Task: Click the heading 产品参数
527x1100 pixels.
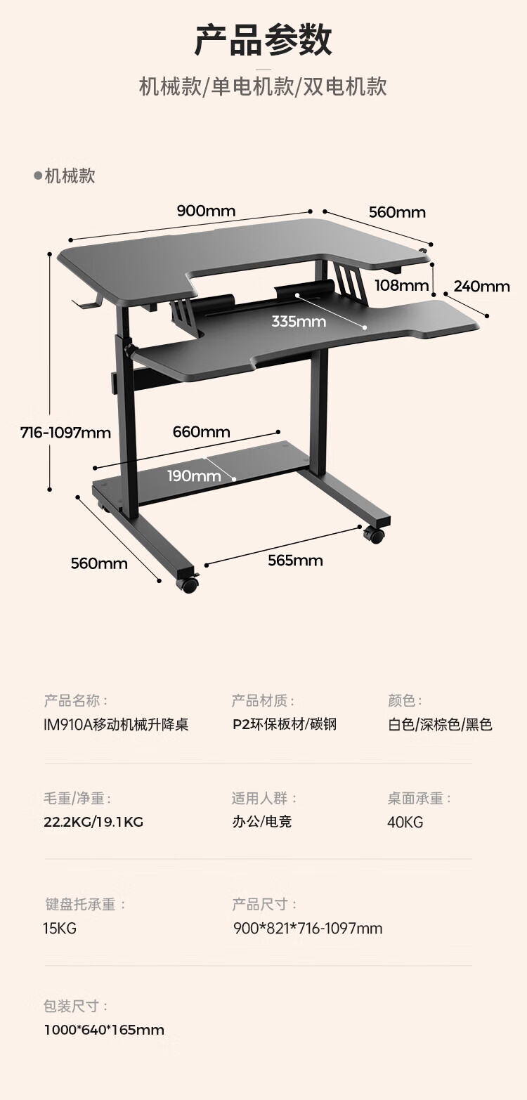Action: (263, 41)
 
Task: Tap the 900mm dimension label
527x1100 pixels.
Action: (206, 211)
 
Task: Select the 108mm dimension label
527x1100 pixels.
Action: (402, 285)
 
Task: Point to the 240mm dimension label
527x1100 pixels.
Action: (481, 286)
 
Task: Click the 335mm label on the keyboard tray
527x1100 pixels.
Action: (299, 322)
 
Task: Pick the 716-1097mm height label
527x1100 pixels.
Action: (65, 433)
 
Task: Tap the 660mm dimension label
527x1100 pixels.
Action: (201, 432)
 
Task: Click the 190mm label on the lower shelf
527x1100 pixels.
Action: (194, 476)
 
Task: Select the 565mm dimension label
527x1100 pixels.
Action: (295, 561)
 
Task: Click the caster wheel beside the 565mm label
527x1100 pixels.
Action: (375, 535)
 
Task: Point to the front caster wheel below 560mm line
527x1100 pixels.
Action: (189, 583)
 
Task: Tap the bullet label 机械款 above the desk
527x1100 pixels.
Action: (65, 176)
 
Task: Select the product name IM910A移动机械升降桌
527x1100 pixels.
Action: (116, 724)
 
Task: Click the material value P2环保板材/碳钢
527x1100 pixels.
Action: (285, 724)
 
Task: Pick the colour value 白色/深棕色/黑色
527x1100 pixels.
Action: (440, 724)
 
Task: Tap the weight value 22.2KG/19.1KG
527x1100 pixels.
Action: (93, 822)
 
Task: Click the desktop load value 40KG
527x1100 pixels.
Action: (405, 822)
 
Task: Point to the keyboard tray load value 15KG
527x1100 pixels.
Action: (60, 929)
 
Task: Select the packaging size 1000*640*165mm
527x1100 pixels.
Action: (103, 1030)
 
